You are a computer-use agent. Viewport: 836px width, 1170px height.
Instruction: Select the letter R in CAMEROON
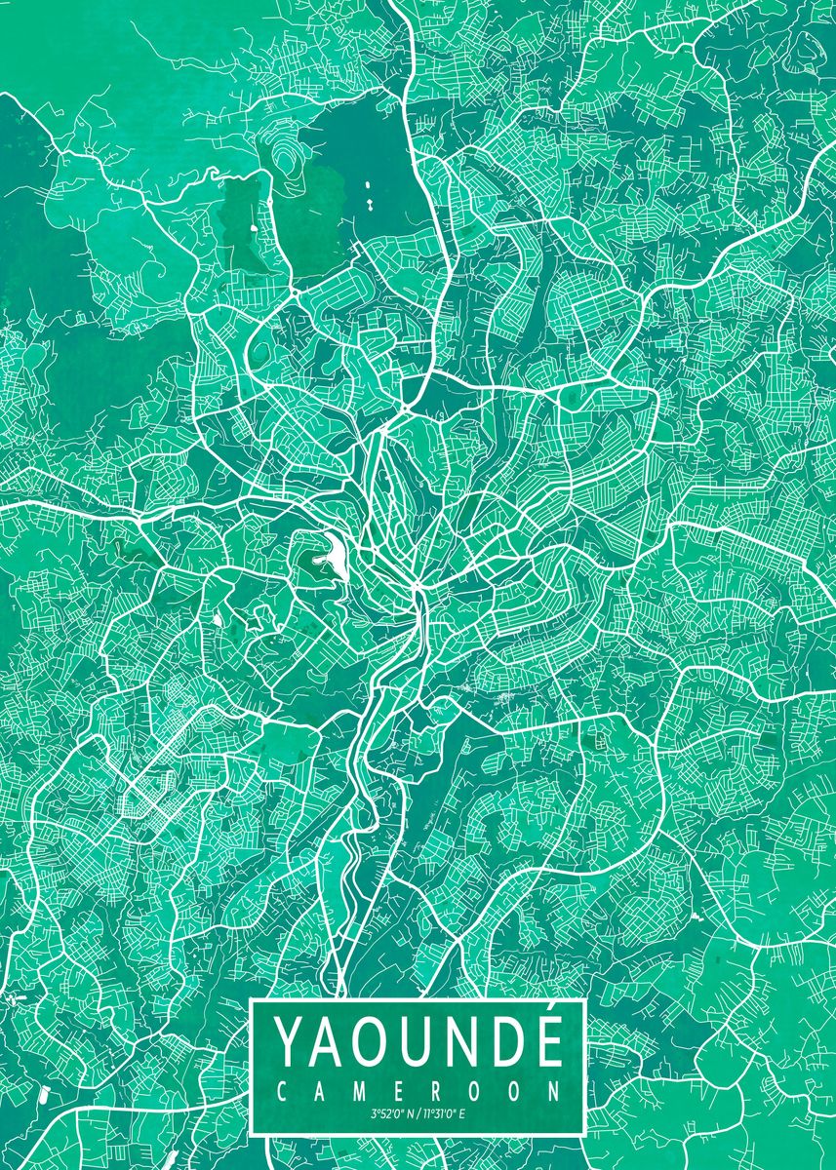click(x=437, y=1090)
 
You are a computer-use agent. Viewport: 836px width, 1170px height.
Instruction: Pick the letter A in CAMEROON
click(x=320, y=1090)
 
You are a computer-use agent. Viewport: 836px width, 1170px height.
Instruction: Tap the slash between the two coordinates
click(x=418, y=1113)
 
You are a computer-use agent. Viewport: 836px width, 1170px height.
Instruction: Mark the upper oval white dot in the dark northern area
click(x=368, y=185)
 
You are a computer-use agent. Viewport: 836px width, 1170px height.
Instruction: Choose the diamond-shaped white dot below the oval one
click(x=372, y=205)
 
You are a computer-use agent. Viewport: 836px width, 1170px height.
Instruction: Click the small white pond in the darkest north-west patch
click(x=254, y=227)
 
